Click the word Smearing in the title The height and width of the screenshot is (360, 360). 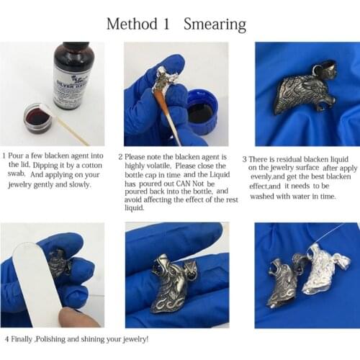point(215,24)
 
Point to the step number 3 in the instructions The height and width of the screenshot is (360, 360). point(245,158)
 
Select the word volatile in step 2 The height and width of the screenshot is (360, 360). point(163,166)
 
